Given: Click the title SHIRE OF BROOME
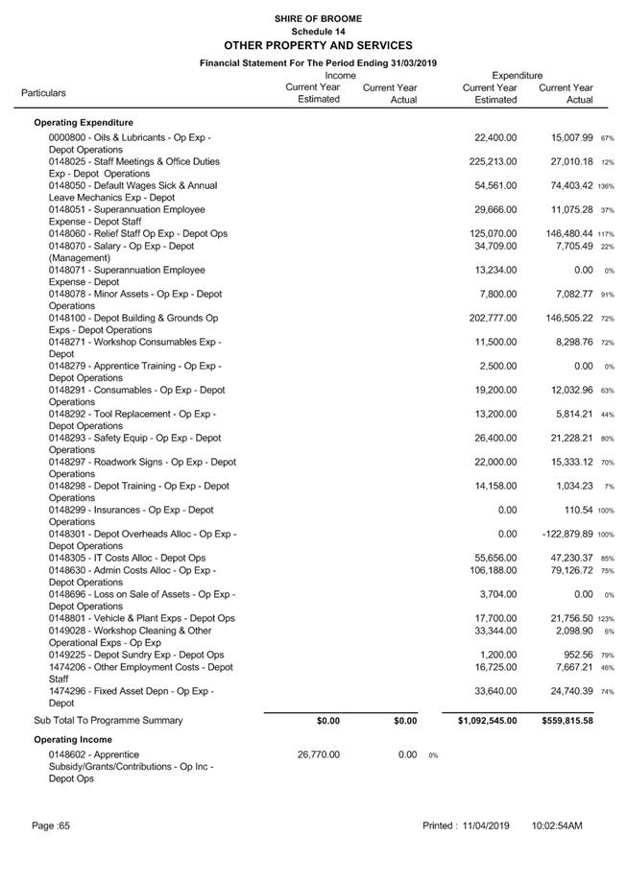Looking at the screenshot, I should point(317,18).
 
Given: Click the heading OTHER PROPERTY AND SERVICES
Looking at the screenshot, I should point(317,45).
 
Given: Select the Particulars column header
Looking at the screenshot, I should point(43,93).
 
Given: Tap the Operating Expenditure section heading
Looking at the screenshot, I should point(84,123).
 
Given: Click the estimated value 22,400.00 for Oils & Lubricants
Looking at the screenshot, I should point(495,137).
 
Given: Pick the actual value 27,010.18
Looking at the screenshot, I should point(566,161).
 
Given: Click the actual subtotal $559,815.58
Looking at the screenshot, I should point(567,720).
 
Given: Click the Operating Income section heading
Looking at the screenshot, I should point(73,740).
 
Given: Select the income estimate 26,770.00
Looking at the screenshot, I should point(319,754).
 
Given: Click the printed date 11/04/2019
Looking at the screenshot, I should point(484,825).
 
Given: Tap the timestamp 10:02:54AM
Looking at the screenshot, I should point(557,825).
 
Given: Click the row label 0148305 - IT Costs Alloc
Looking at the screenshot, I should point(127,558).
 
